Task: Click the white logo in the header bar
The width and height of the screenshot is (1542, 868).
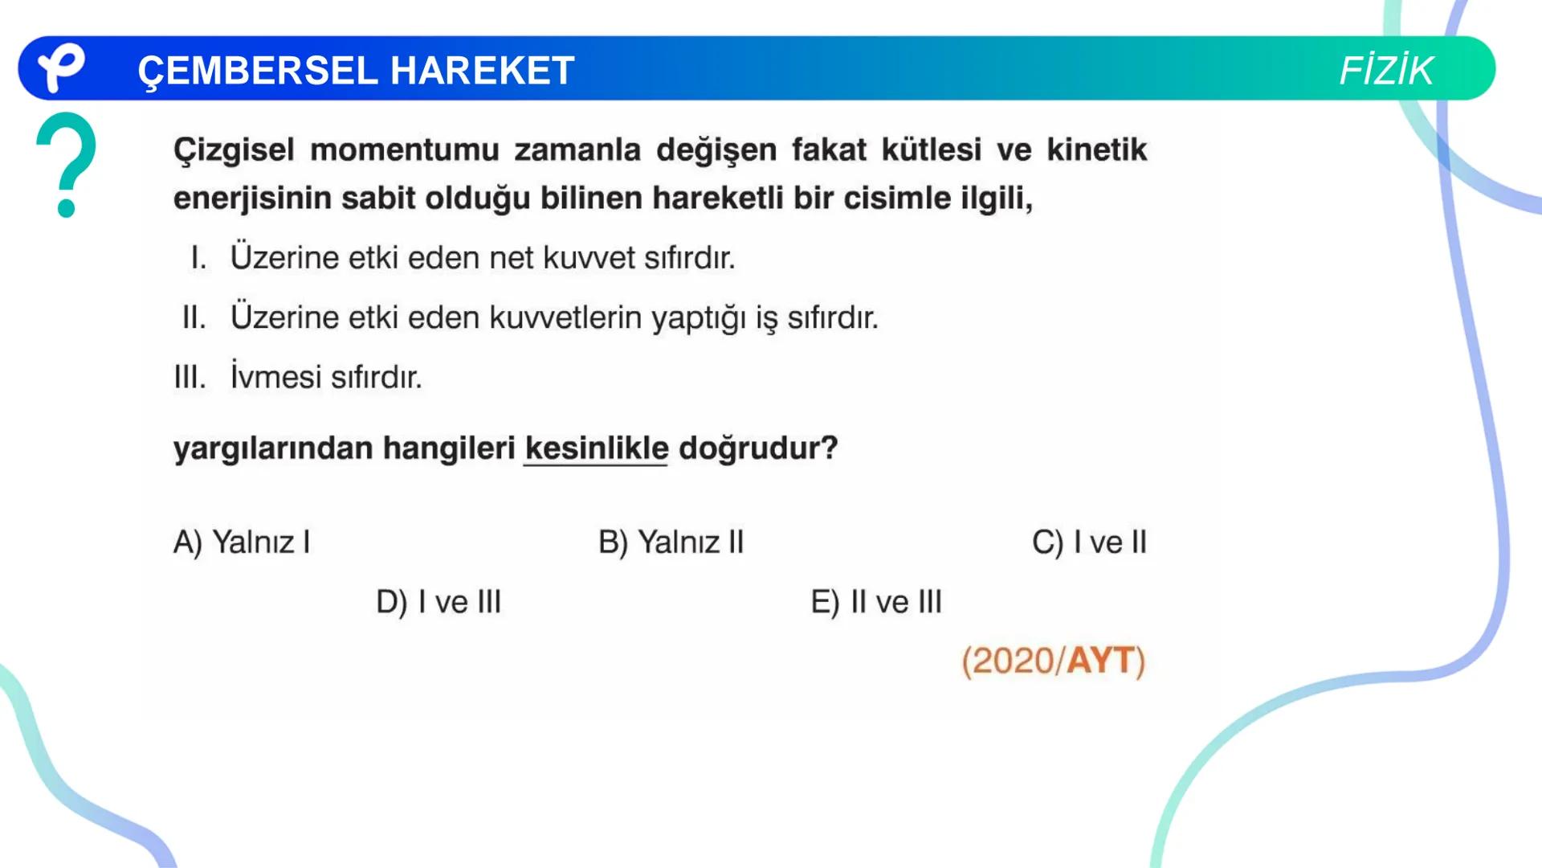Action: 61,68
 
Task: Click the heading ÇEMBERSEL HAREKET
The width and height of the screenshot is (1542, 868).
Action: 356,71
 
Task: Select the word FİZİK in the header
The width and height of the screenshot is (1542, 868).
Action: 1385,71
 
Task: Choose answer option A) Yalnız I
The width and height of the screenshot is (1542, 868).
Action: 242,542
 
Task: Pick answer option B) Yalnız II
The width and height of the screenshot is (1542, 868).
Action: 671,542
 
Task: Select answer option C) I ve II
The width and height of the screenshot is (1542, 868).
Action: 1089,542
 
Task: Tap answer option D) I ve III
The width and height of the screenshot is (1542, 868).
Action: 439,602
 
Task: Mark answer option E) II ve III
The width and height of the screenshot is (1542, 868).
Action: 876,602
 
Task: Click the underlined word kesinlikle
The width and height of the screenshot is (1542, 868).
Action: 596,448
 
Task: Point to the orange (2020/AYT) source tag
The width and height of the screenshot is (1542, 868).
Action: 1053,661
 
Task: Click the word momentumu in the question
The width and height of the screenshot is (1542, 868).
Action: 405,150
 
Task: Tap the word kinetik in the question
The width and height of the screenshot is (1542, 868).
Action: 1096,150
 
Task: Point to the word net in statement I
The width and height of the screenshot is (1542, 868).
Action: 511,258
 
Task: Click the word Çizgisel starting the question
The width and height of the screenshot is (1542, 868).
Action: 234,150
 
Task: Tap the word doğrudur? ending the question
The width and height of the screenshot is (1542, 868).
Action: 758,448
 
